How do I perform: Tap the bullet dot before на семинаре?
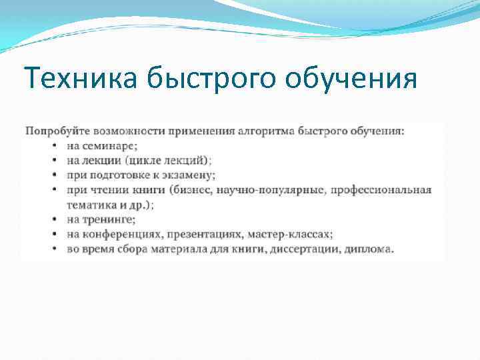click(53, 145)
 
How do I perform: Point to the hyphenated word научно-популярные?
click(273, 190)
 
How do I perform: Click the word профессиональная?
click(381, 190)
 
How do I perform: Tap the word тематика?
click(91, 205)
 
